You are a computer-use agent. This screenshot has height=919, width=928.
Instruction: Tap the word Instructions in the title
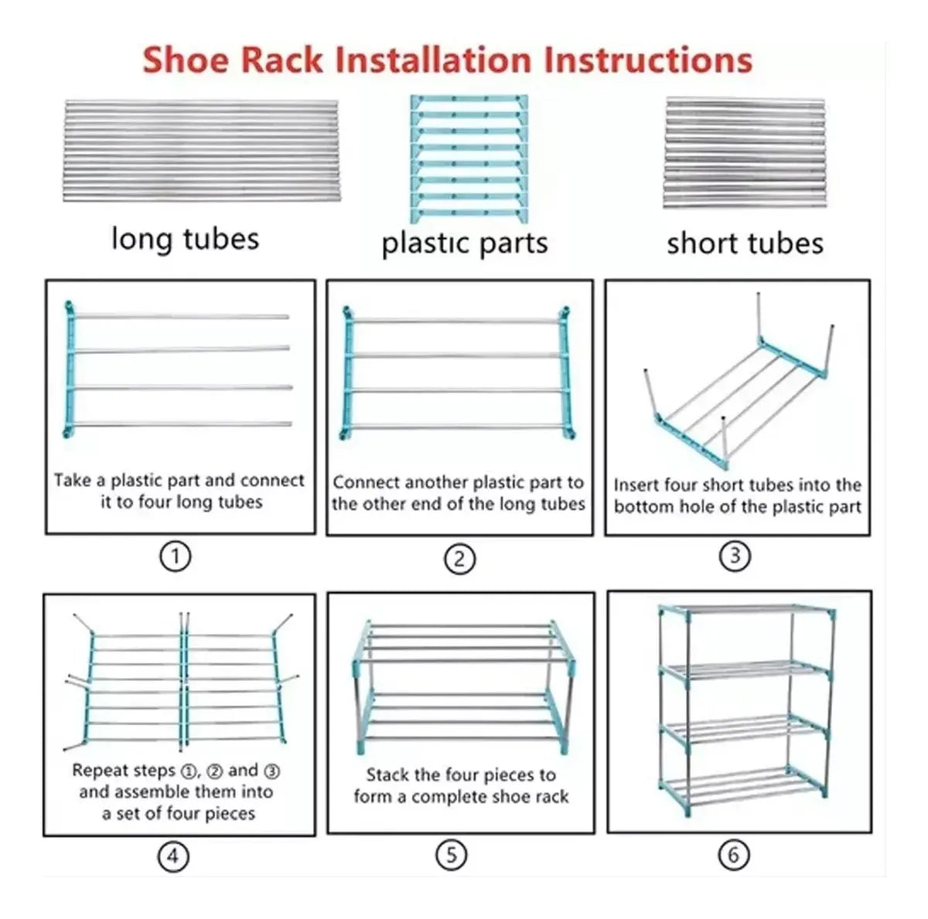coord(648,60)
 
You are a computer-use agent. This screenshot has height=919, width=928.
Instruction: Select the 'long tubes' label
coord(186,238)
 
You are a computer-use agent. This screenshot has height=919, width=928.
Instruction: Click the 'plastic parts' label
coord(465,243)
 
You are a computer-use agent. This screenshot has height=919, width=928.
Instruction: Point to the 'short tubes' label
coord(745,243)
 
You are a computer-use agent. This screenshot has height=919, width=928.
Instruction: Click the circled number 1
coord(176,557)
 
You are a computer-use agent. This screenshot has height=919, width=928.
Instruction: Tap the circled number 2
coord(459,559)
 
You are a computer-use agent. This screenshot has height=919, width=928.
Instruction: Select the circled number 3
coord(735,556)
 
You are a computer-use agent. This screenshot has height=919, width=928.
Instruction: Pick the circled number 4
coord(173,856)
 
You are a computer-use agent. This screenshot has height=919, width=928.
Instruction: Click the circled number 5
coord(451,855)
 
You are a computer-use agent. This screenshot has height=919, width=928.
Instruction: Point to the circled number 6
coord(733,855)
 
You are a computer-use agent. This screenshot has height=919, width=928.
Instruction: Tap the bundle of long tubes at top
coord(202,151)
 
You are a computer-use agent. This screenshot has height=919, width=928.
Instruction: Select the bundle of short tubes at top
coord(745,152)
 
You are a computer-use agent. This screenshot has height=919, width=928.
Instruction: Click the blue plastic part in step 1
coord(70,369)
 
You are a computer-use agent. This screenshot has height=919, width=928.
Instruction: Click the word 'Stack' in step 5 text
coord(387,774)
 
